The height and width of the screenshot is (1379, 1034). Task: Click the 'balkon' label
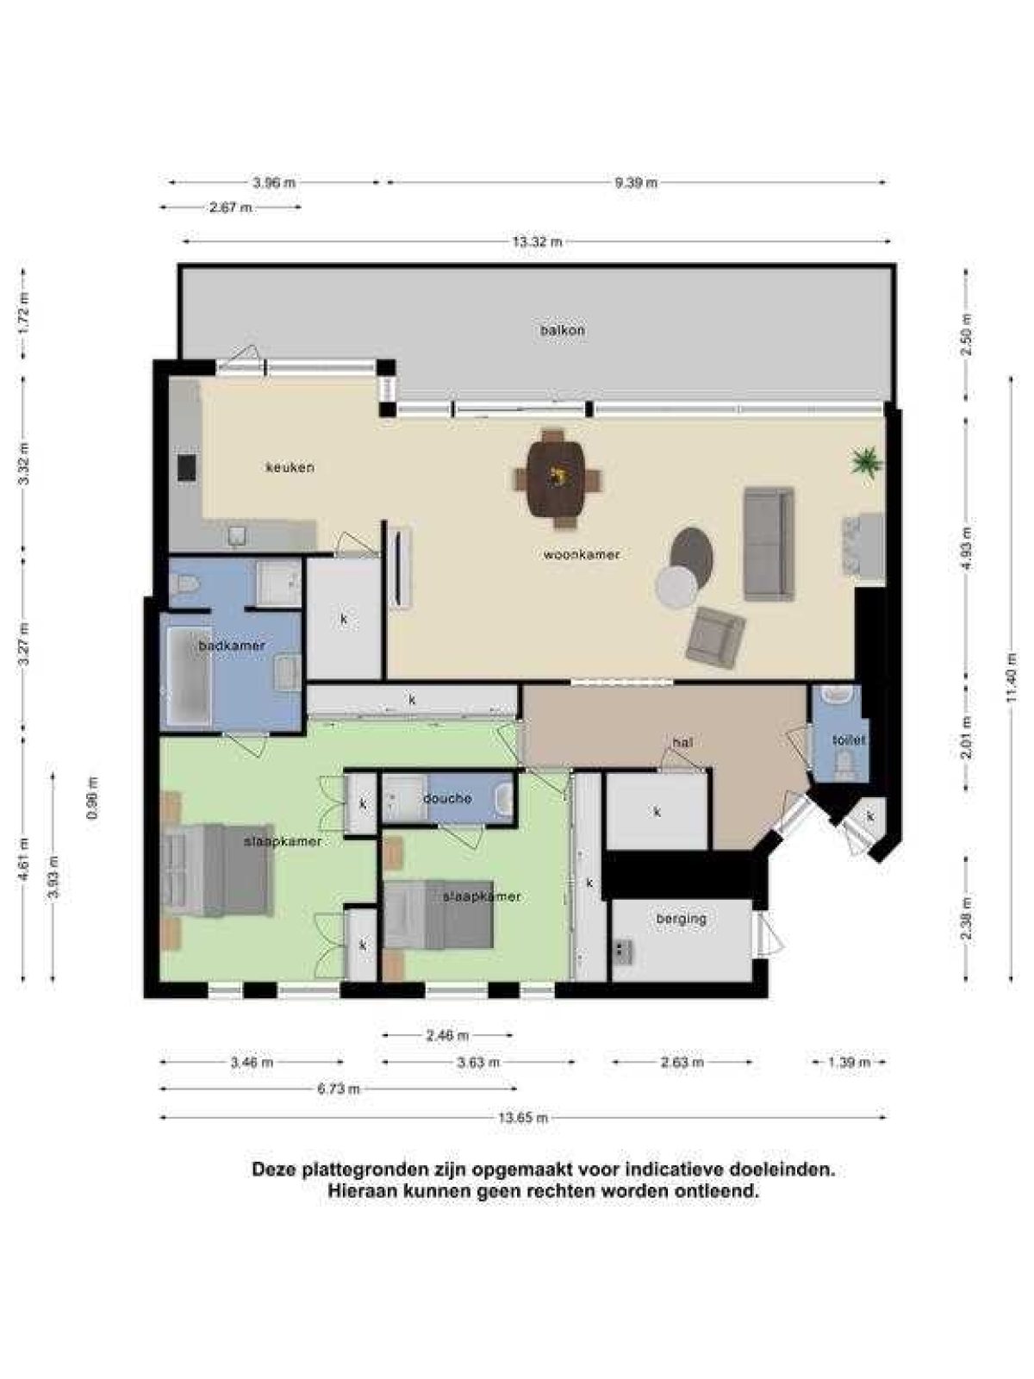click(x=563, y=330)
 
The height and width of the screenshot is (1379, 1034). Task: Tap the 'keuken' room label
click(x=290, y=467)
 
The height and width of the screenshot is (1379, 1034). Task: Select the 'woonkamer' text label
click(x=582, y=554)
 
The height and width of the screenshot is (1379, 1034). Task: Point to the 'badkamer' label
click(x=232, y=646)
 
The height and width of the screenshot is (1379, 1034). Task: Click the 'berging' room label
click(x=681, y=919)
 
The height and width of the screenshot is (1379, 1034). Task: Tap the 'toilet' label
click(x=849, y=739)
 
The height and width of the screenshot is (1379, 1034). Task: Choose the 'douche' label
click(x=447, y=799)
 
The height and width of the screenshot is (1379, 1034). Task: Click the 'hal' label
click(x=682, y=742)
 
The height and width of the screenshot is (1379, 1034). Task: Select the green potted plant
click(x=866, y=461)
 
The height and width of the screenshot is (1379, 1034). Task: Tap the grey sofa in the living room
click(x=768, y=543)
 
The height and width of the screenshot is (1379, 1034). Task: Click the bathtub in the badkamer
click(x=189, y=677)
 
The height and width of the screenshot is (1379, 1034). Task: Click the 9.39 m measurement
click(x=636, y=183)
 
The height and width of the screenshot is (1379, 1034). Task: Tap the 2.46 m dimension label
click(x=447, y=1035)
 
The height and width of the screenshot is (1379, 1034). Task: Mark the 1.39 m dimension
click(x=850, y=1063)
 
